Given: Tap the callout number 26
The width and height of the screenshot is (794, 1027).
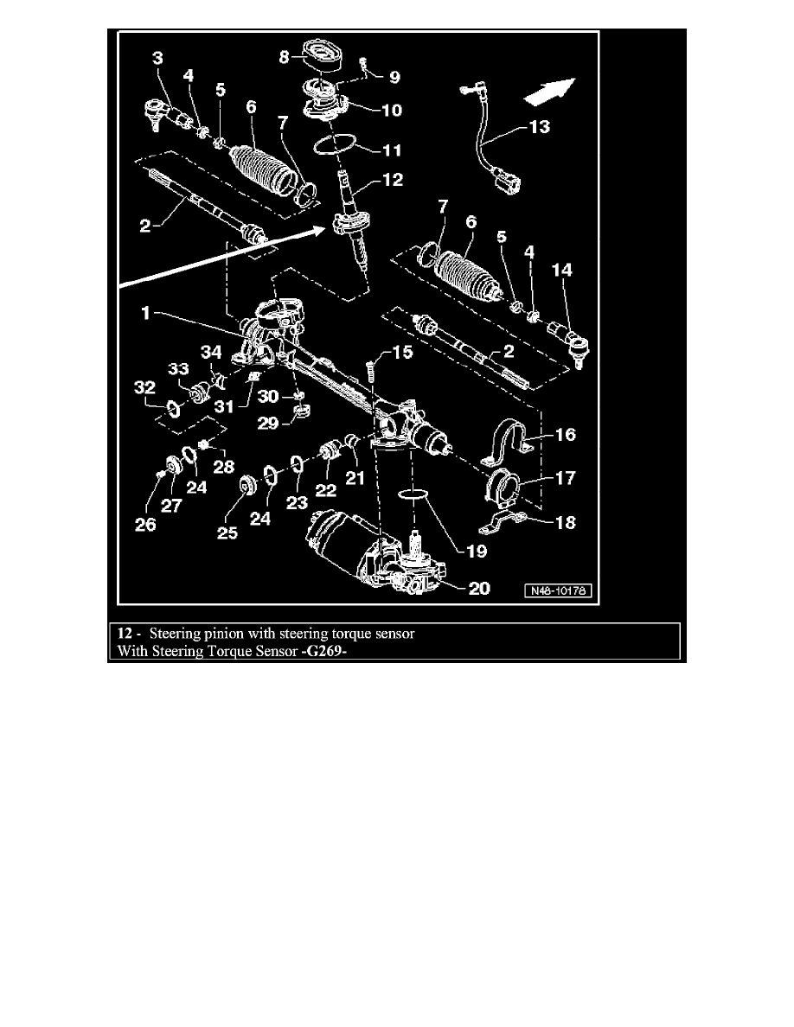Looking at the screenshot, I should click(144, 525).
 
